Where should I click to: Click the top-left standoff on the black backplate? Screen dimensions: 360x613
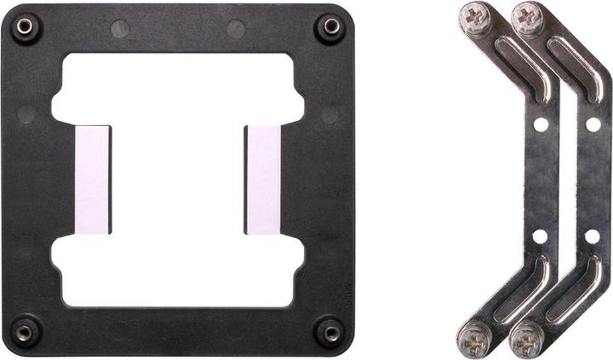click(x=25, y=27)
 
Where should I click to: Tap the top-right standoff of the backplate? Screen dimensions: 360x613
click(x=329, y=27)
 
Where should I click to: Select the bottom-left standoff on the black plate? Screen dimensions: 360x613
click(x=25, y=330)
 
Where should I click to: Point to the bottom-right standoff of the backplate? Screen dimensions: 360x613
click(x=329, y=330)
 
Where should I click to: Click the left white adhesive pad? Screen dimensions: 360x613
click(x=93, y=180)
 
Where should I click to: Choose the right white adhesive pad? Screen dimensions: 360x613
click(x=263, y=180)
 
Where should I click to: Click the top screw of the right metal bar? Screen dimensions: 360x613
click(x=528, y=18)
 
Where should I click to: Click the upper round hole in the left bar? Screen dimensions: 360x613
click(x=541, y=124)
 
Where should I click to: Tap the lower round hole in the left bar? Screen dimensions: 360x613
click(x=541, y=236)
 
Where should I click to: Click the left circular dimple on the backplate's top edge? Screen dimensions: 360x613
click(x=120, y=28)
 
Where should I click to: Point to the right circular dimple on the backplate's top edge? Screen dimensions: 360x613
click(x=236, y=28)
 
